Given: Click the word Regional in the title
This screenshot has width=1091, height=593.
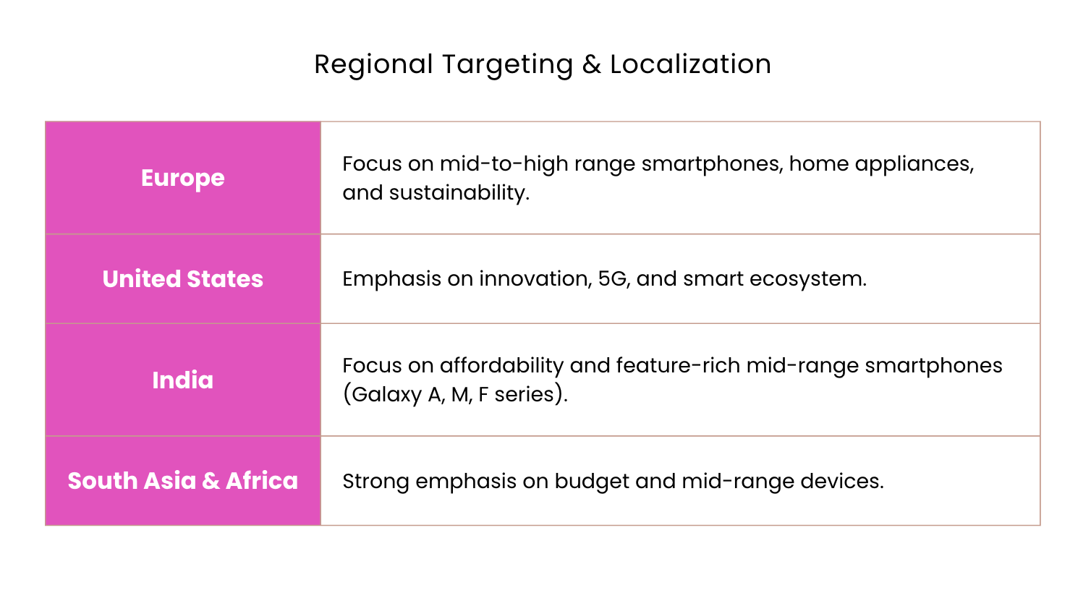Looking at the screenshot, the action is [373, 65].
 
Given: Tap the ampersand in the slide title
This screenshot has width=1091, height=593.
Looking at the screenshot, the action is [592, 64].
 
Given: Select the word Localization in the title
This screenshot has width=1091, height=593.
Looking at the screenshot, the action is [691, 64].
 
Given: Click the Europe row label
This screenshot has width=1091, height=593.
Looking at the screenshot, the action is [182, 178].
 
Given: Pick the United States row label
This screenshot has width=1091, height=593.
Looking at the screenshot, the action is [182, 279].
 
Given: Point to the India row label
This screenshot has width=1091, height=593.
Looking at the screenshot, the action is [182, 380].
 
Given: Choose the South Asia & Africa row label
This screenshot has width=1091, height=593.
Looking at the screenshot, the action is [182, 481].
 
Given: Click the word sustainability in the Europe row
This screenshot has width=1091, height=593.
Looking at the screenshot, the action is [459, 193].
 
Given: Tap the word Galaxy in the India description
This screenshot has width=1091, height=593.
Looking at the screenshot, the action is [386, 395].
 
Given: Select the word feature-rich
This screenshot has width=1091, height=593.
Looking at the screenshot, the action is [678, 366].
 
